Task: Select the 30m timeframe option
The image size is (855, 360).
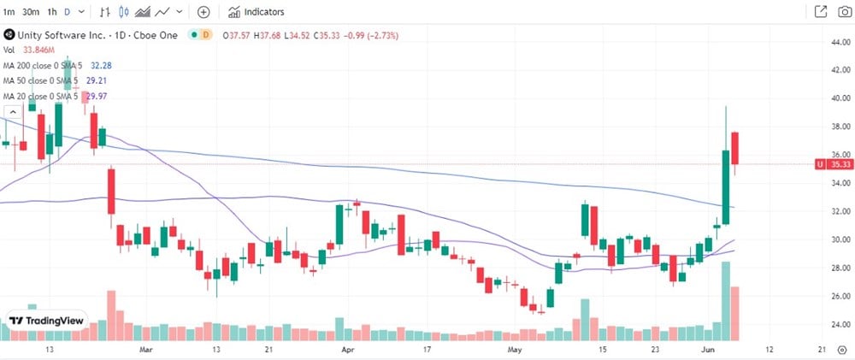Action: [x=31, y=12]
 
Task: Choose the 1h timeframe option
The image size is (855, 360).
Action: [x=52, y=12]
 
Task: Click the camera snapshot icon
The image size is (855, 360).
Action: [x=843, y=12]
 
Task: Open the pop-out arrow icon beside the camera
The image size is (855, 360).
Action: [x=821, y=12]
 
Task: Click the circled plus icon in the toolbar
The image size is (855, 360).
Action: [x=203, y=12]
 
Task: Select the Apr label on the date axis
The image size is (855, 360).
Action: [x=347, y=351]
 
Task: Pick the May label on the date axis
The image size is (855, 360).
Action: [x=514, y=351]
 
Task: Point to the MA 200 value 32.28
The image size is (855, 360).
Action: [x=102, y=65]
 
